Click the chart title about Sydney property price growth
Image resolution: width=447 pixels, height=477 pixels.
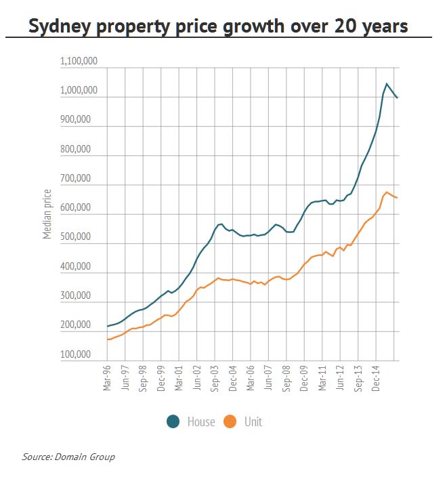pyautogui.click(x=218, y=26)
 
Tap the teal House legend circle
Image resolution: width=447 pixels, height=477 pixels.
pyautogui.click(x=173, y=421)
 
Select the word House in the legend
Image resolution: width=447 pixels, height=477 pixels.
pyautogui.click(x=200, y=422)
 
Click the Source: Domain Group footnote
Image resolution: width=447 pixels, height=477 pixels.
pyautogui.click(x=68, y=457)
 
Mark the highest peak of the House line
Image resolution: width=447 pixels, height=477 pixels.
pyautogui.click(x=387, y=84)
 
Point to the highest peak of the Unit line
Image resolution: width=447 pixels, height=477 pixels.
pyautogui.click(x=387, y=192)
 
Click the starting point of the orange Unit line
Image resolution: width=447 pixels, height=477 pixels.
pyautogui.click(x=108, y=339)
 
